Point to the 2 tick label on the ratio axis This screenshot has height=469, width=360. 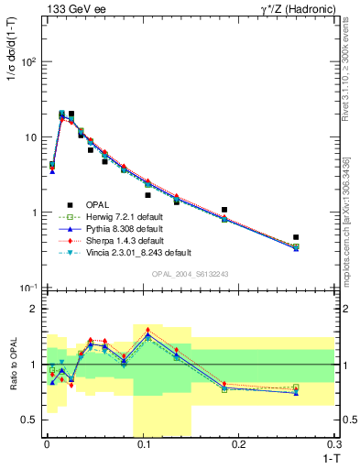pos(35,309)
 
